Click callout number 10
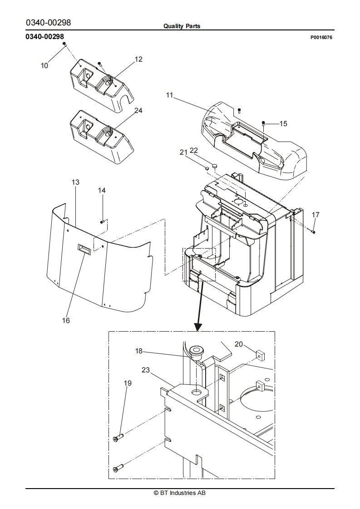point(44,66)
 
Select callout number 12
point(138,59)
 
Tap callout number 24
point(138,111)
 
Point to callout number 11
point(169,95)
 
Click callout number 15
point(283,124)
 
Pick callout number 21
point(184,152)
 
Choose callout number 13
point(75,182)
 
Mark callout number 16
point(66,320)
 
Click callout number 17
point(316,215)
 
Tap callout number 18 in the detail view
point(139,351)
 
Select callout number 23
point(146,370)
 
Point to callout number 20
point(239,344)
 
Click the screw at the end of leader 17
point(314,231)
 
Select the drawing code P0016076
point(321,37)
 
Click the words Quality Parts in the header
point(182,26)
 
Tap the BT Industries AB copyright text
point(180,493)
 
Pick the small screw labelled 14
point(102,222)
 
